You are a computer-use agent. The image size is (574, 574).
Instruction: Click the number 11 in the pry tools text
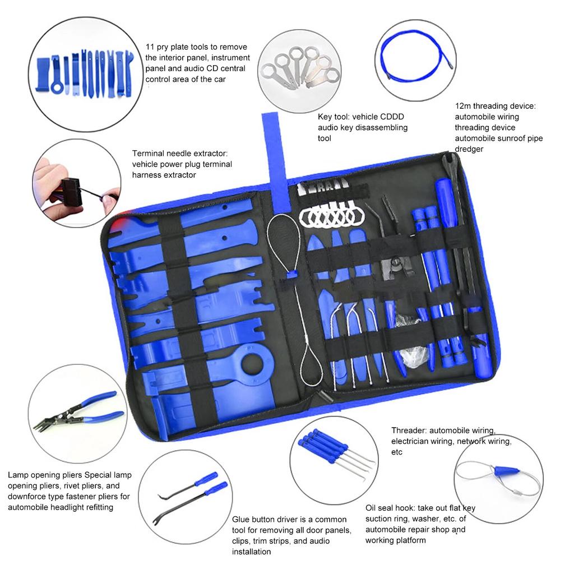(x=150, y=47)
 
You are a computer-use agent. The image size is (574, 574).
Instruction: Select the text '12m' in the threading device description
(x=464, y=106)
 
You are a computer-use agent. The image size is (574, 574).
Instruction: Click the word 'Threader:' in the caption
(x=408, y=430)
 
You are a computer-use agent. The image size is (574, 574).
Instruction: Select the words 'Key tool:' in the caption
(x=334, y=117)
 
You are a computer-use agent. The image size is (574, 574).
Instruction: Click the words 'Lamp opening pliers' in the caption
(x=44, y=475)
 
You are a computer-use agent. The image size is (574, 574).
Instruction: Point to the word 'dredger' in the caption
(x=469, y=149)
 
